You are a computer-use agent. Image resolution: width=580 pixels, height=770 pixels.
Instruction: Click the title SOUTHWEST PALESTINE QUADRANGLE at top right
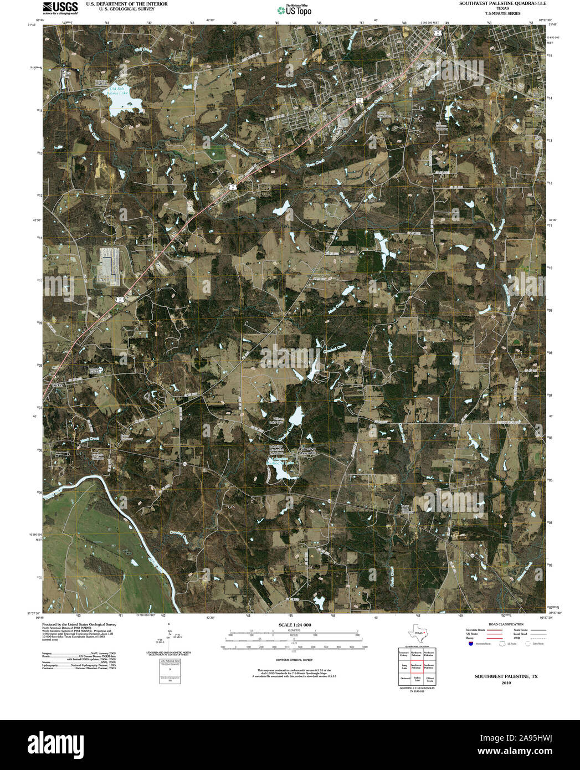click(x=502, y=3)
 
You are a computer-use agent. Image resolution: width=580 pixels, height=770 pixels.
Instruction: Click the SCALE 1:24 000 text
click(x=292, y=625)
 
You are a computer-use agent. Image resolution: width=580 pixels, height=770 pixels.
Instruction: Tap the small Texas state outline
click(x=417, y=633)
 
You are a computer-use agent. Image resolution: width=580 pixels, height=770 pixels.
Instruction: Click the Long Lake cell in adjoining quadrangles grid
click(x=404, y=666)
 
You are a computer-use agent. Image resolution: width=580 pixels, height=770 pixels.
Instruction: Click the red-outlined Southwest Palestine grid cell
click(x=417, y=666)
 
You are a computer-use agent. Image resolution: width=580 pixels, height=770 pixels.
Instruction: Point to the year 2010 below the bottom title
click(x=506, y=683)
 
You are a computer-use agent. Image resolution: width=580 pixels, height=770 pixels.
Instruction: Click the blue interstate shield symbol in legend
click(x=470, y=644)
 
